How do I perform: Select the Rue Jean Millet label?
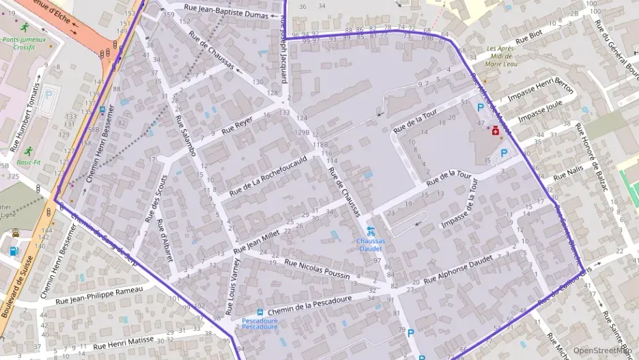pyautogui.click(x=257, y=240)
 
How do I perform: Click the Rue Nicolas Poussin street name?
pyautogui.click(x=317, y=268)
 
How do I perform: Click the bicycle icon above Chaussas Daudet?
pyautogui.click(x=371, y=230)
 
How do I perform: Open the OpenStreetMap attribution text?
pyautogui.click(x=601, y=350)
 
